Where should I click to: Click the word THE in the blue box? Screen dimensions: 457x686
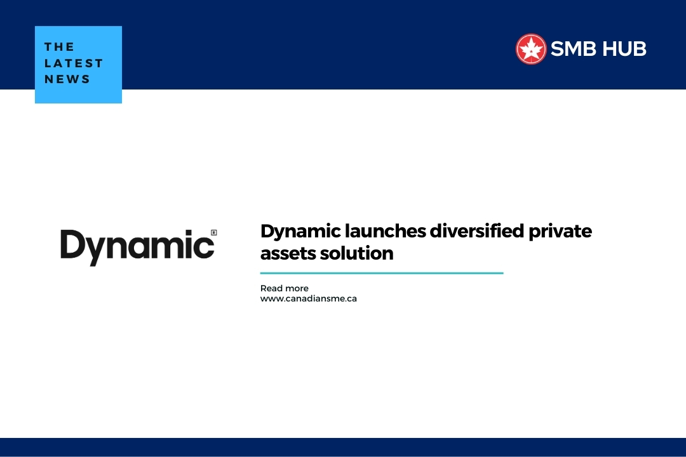[x=60, y=47]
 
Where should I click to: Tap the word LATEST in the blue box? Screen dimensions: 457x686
[x=74, y=63]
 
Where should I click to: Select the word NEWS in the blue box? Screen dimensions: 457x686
[x=67, y=79]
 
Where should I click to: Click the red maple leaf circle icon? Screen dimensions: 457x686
[x=531, y=49]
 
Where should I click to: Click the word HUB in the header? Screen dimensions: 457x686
[x=624, y=49]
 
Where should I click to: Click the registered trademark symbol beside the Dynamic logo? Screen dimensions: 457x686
[x=213, y=233]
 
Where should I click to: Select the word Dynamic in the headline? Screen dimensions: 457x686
[x=296, y=232]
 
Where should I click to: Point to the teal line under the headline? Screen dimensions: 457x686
[x=381, y=273]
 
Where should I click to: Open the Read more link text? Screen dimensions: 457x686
[x=284, y=288]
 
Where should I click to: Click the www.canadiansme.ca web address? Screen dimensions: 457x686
[x=308, y=298]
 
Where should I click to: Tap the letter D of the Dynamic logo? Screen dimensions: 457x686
[x=72, y=244]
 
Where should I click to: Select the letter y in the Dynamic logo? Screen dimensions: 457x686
[x=95, y=250]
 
